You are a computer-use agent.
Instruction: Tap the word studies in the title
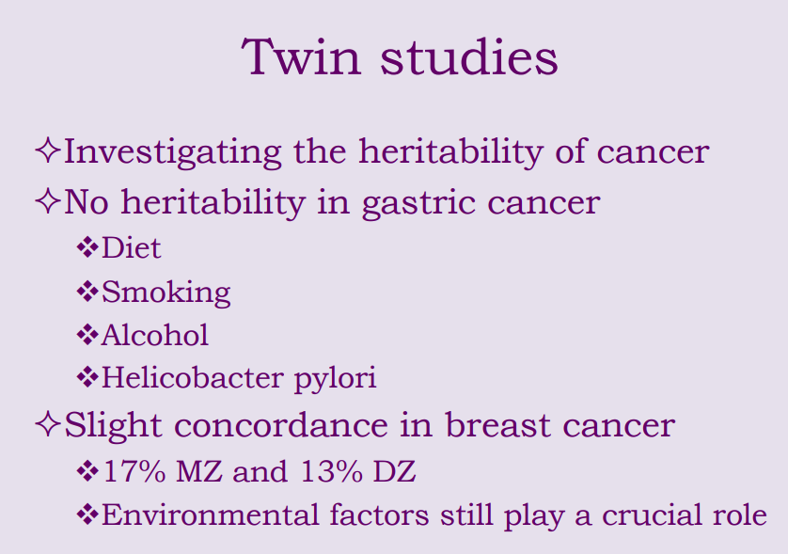(468, 58)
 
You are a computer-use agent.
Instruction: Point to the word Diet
(131, 248)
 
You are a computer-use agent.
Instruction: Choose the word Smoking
(165, 293)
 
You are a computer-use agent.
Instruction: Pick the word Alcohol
(154, 335)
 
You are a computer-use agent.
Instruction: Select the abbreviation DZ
(392, 471)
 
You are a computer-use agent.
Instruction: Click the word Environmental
(207, 514)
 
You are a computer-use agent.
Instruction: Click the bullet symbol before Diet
(87, 248)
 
